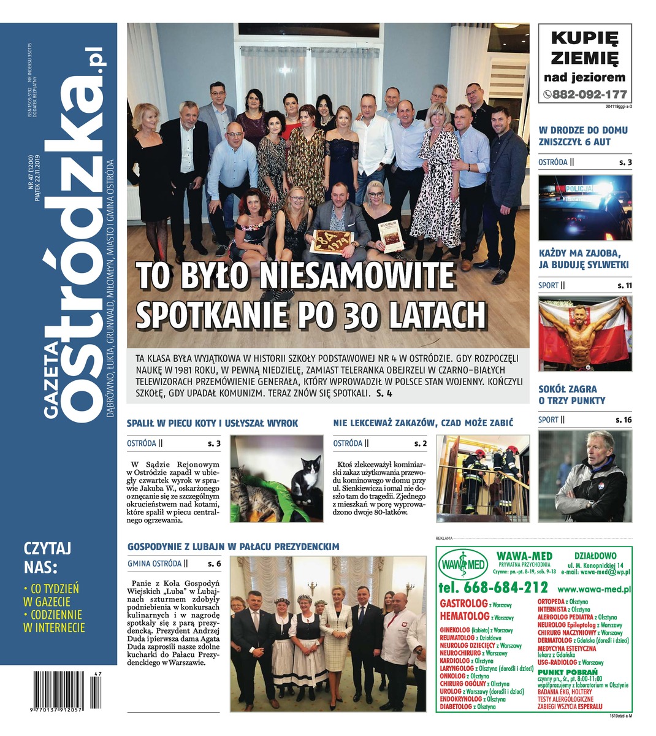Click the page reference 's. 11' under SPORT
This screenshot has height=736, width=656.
pyautogui.click(x=624, y=285)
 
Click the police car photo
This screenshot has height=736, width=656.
pyautogui.click(x=584, y=207)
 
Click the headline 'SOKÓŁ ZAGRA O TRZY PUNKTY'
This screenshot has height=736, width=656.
pyautogui.click(x=571, y=394)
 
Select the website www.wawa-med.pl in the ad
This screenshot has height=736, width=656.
pyautogui.click(x=594, y=589)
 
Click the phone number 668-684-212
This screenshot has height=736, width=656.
pyautogui.click(x=493, y=587)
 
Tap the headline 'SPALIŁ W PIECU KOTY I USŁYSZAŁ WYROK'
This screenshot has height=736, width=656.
pyautogui.click(x=212, y=423)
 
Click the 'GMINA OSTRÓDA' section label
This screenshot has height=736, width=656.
pyautogui.click(x=154, y=563)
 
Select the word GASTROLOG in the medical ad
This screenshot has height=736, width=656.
pyautogui.click(x=463, y=604)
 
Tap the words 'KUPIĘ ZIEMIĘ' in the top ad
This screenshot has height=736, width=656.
pyautogui.click(x=584, y=48)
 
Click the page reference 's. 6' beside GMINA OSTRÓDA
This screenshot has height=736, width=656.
pyautogui.click(x=214, y=563)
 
